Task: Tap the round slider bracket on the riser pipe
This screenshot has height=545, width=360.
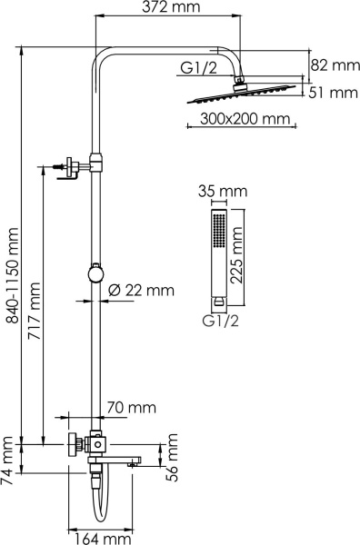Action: tap(95, 273)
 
